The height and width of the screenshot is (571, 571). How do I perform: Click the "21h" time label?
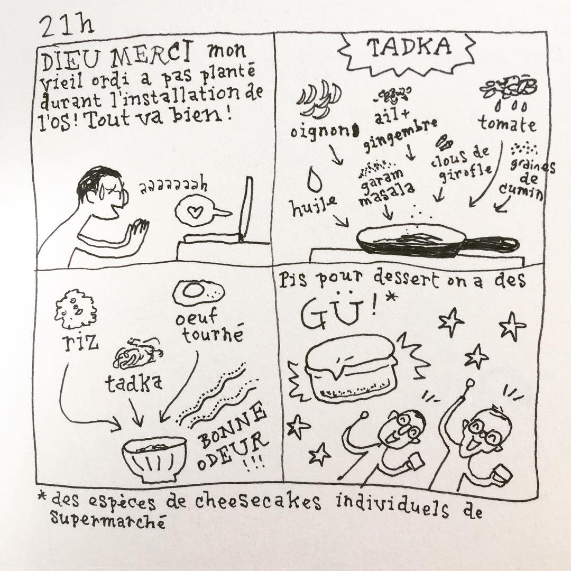tap(66, 26)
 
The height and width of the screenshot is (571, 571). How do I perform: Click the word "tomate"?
tap(508, 123)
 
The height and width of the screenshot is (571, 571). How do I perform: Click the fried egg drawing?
tap(198, 292)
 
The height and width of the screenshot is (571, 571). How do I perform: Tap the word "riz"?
tap(80, 342)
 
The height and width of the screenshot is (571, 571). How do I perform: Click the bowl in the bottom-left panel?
tap(155, 459)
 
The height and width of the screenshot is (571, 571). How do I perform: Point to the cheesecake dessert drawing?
tap(352, 368)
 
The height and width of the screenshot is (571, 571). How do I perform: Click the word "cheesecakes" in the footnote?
tap(258, 501)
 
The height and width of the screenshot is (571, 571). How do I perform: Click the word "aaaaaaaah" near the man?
tap(173, 186)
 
